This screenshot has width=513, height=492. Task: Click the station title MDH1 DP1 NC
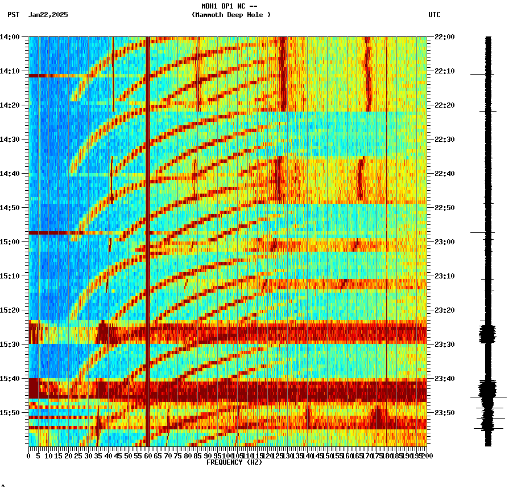click(226, 6)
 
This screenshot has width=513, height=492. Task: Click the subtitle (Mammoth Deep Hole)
click(231, 15)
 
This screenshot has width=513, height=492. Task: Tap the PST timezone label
click(13, 15)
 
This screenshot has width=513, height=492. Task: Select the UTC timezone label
click(434, 15)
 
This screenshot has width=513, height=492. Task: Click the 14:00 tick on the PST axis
click(10, 37)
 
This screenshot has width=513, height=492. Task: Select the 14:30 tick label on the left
click(10, 140)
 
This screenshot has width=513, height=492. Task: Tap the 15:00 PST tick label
click(10, 242)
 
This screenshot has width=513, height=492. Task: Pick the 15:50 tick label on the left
click(10, 412)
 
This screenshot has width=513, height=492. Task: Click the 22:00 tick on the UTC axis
click(444, 37)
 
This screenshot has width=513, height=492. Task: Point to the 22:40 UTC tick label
click(444, 174)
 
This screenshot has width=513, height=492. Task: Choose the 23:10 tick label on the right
click(444, 276)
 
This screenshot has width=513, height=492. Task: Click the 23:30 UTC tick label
click(444, 345)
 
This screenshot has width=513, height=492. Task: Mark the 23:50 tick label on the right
click(444, 412)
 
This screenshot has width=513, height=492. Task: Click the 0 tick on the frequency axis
click(29, 456)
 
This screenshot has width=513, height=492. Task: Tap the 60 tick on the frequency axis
click(148, 456)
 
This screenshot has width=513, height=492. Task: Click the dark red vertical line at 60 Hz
click(148, 228)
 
